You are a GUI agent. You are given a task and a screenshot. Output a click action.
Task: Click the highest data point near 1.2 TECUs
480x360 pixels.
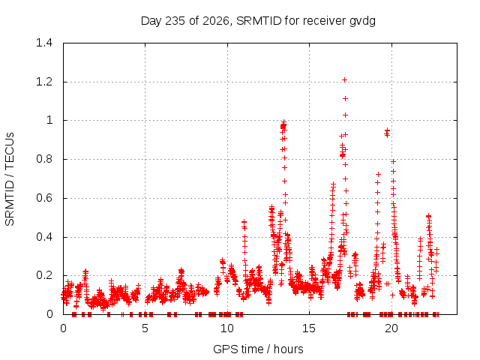(344, 80)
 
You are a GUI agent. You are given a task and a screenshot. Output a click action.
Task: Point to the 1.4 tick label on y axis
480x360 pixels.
(44, 43)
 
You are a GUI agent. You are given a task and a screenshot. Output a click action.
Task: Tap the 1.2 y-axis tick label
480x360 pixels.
(44, 82)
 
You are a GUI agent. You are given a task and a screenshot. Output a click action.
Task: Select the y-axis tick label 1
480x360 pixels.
(49, 120)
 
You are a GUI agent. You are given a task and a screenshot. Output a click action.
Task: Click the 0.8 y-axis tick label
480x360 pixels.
(44, 159)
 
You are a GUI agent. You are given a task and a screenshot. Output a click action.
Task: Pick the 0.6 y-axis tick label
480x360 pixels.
(44, 198)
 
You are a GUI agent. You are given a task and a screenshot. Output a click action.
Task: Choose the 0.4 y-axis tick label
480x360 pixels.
(44, 237)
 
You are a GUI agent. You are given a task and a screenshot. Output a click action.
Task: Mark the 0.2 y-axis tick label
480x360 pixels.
(44, 275)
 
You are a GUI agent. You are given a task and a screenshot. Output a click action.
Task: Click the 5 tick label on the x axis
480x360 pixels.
(145, 328)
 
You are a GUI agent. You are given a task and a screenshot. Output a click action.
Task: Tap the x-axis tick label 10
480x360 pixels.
(227, 328)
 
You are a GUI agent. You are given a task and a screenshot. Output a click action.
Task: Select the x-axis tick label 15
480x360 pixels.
(309, 328)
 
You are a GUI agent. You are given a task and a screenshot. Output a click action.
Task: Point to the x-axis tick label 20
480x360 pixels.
(391, 328)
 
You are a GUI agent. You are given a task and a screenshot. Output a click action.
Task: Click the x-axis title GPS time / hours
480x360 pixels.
(258, 349)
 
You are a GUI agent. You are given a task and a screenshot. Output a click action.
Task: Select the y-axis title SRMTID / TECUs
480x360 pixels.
(10, 179)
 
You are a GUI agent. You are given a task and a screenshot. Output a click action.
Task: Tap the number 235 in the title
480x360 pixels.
(175, 21)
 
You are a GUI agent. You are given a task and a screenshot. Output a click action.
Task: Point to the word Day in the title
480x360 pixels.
(151, 21)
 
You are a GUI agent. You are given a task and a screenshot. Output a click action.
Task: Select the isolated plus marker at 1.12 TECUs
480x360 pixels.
(345, 98)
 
